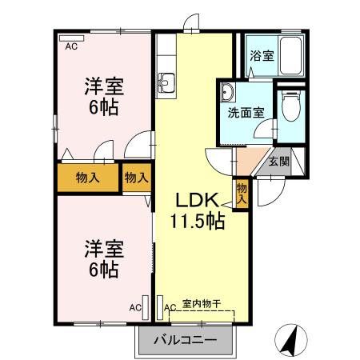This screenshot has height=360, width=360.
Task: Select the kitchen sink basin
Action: [x=168, y=80]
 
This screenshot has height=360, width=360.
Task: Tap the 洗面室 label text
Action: [x=244, y=113]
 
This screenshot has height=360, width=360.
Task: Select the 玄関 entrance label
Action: [x=278, y=162]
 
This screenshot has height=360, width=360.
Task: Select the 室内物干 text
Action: [x=201, y=302]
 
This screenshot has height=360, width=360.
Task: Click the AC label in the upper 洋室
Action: [x=70, y=46]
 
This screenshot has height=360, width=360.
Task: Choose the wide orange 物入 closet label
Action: [x=88, y=178]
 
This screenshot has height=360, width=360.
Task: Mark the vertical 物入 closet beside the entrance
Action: [x=242, y=194]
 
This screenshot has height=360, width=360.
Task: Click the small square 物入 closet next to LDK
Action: [x=136, y=178]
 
